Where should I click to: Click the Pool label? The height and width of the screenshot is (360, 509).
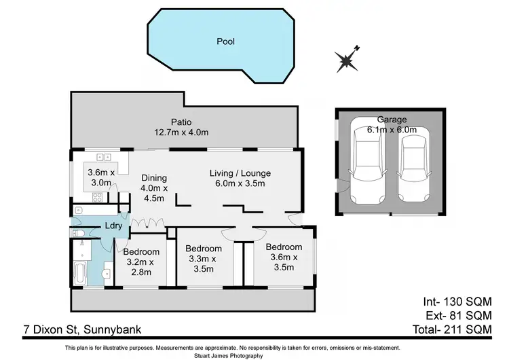[225, 41]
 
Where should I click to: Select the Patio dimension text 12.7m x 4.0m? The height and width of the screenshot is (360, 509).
[181, 133]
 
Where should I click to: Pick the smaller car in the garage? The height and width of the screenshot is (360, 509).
[414, 168]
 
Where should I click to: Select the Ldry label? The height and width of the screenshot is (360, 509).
[112, 226]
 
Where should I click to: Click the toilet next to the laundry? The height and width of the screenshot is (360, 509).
[78, 234]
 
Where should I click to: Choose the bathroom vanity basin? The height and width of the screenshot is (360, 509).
[107, 273]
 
